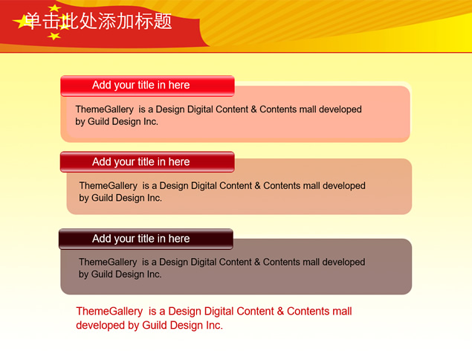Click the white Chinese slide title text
pyautogui.click(x=98, y=21)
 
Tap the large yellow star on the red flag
pyautogui.click(x=22, y=22)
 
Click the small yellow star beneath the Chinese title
pyautogui.click(x=54, y=36)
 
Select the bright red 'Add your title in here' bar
pyautogui.click(x=147, y=86)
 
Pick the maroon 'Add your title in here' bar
pyautogui.click(x=146, y=240)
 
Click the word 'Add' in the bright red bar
pyautogui.click(x=102, y=85)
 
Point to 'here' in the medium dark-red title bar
pyautogui.click(x=179, y=161)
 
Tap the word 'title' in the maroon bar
pyautogui.click(x=146, y=239)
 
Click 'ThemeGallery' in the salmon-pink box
pyautogui.click(x=105, y=109)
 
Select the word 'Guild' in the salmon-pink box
pyautogui.click(x=98, y=122)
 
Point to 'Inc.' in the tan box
pyautogui.click(x=155, y=198)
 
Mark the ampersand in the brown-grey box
pyautogui.click(x=257, y=262)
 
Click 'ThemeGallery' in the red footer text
pyautogui.click(x=109, y=311)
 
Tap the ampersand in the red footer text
pyautogui.click(x=280, y=311)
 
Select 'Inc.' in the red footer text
pyautogui.click(x=214, y=325)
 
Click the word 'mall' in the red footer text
pyautogui.click(x=343, y=311)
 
